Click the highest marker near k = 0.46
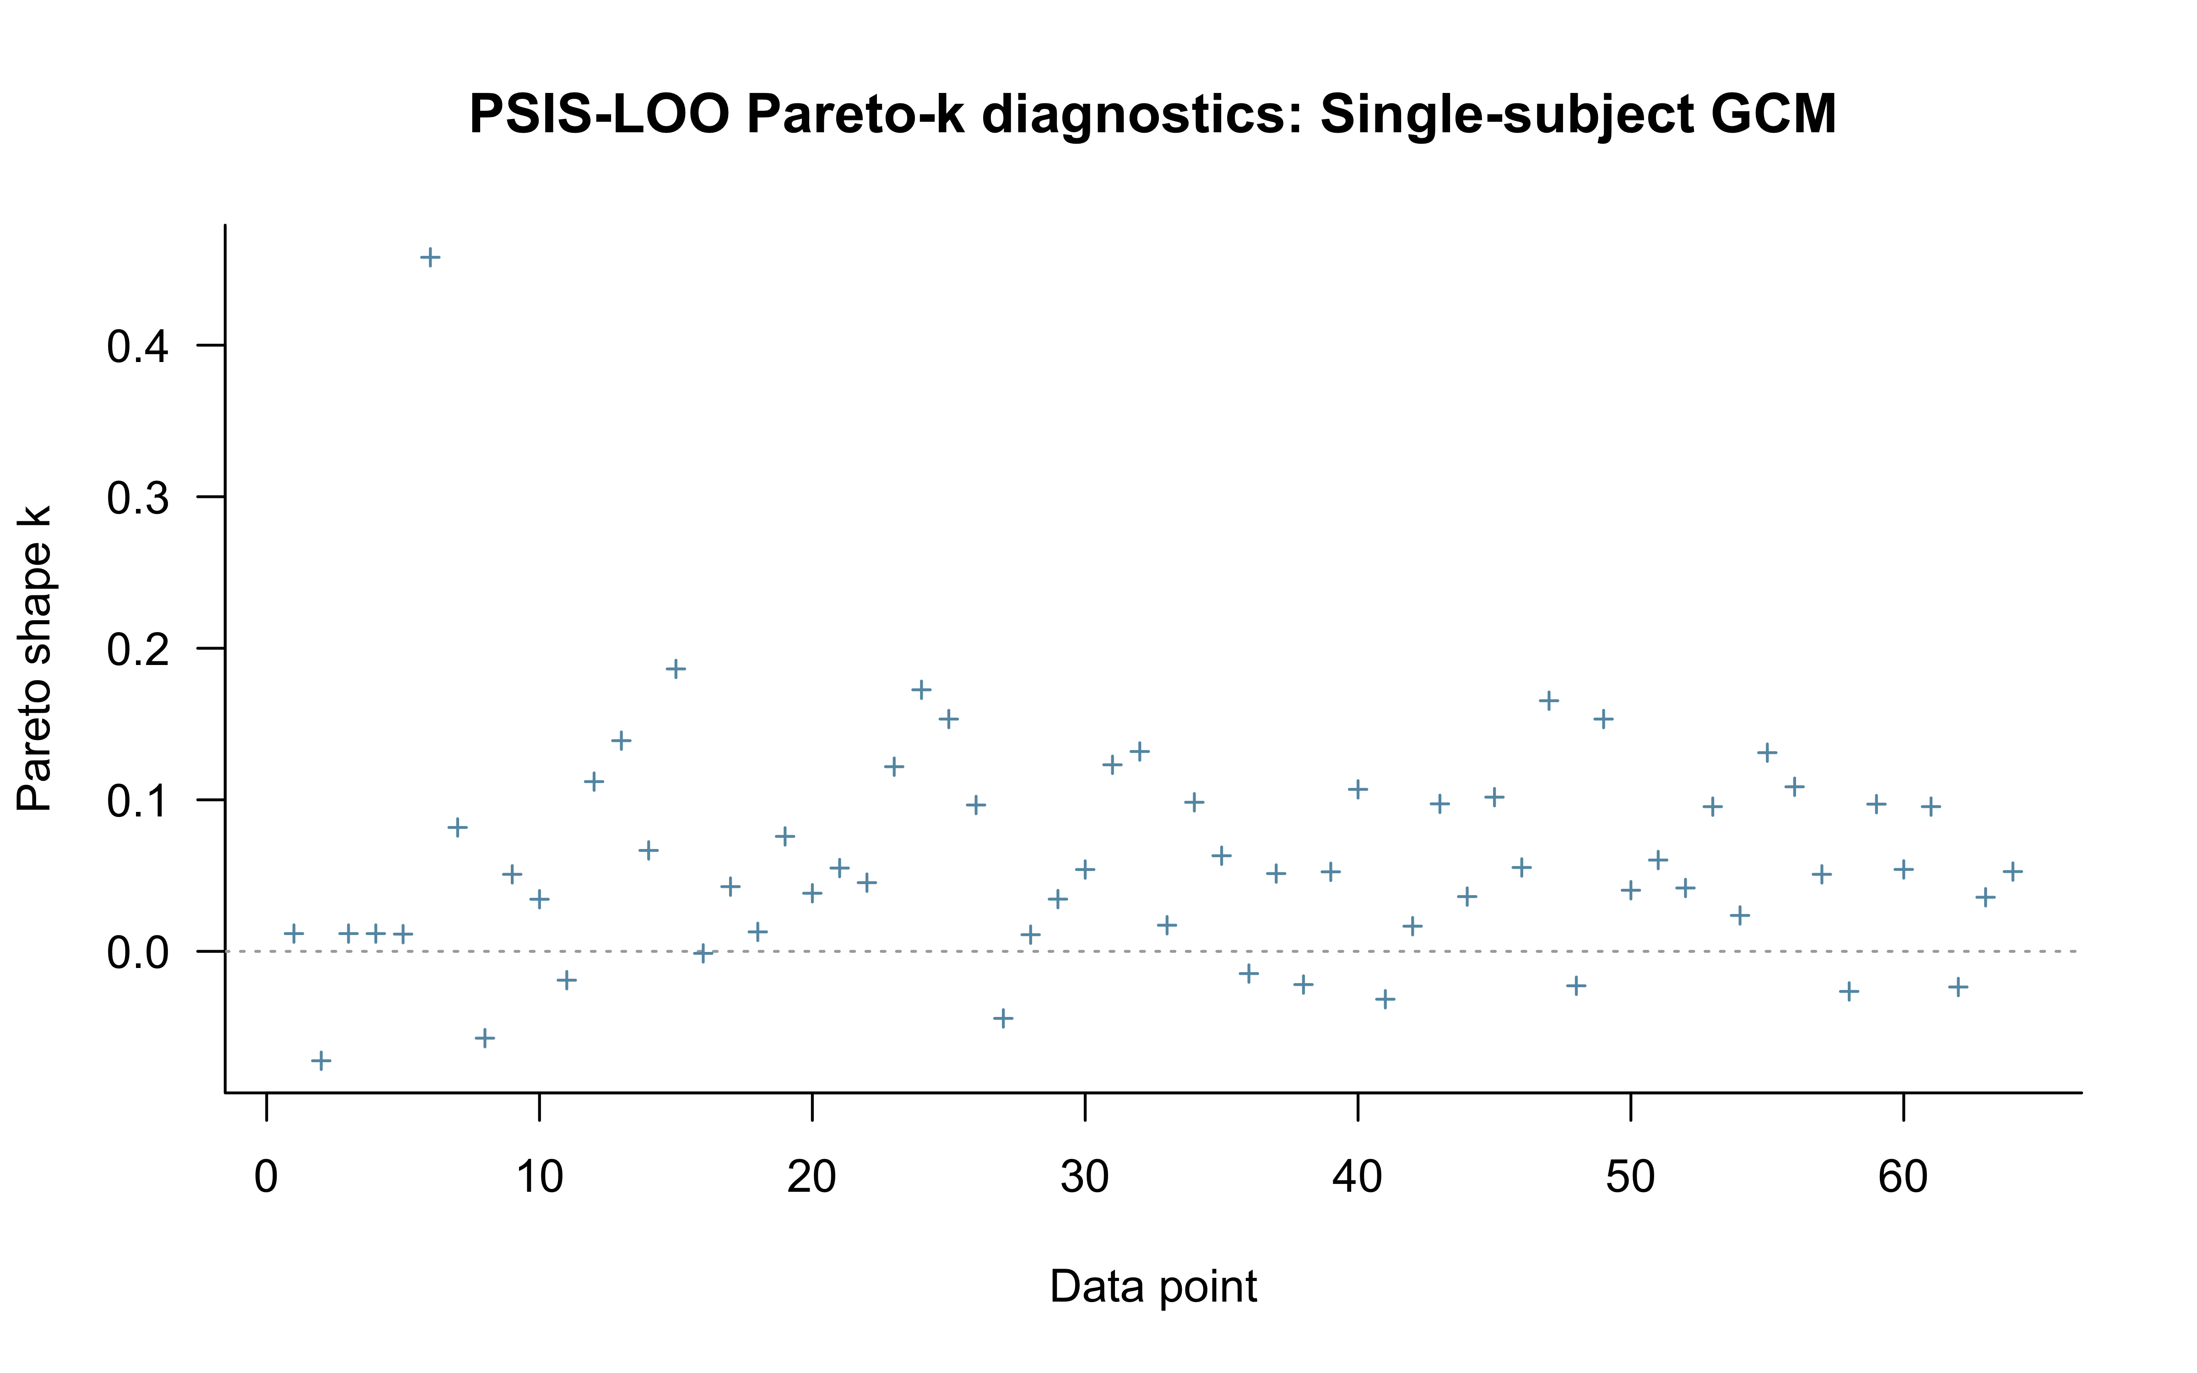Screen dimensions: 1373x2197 pos(430,258)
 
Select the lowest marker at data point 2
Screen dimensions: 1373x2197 pos(321,1060)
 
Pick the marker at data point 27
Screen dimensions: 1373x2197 pos(1003,1018)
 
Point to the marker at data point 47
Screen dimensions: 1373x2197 pos(1549,700)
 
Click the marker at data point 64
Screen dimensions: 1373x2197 pos(2013,872)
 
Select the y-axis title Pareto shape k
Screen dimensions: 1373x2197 pos(34,658)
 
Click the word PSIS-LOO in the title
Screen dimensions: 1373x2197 pos(599,115)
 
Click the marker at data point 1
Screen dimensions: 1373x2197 pos(294,934)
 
